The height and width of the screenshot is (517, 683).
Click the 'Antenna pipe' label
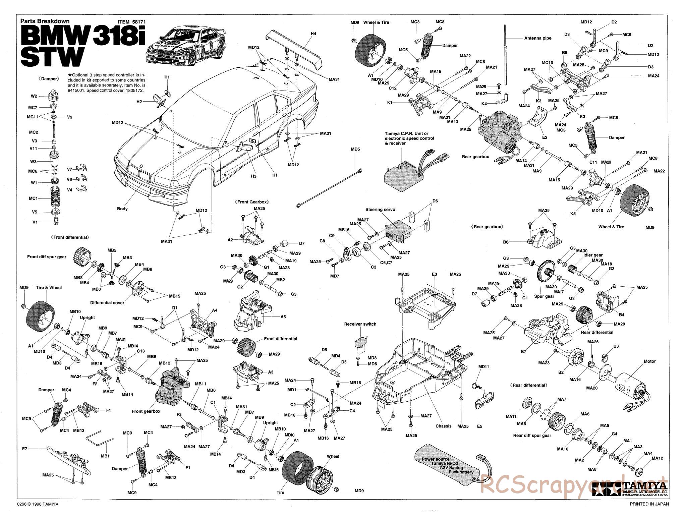(x=537, y=38)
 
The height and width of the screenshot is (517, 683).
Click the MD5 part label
(x=355, y=149)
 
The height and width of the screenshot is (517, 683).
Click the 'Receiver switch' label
(x=360, y=324)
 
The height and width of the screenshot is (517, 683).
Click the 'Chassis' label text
(x=443, y=426)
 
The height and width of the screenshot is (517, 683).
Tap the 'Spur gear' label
(x=544, y=296)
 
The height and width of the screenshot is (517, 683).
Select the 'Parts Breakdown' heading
(x=45, y=21)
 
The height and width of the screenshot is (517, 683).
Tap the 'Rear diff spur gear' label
(x=532, y=436)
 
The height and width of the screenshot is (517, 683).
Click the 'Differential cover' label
(x=107, y=303)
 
